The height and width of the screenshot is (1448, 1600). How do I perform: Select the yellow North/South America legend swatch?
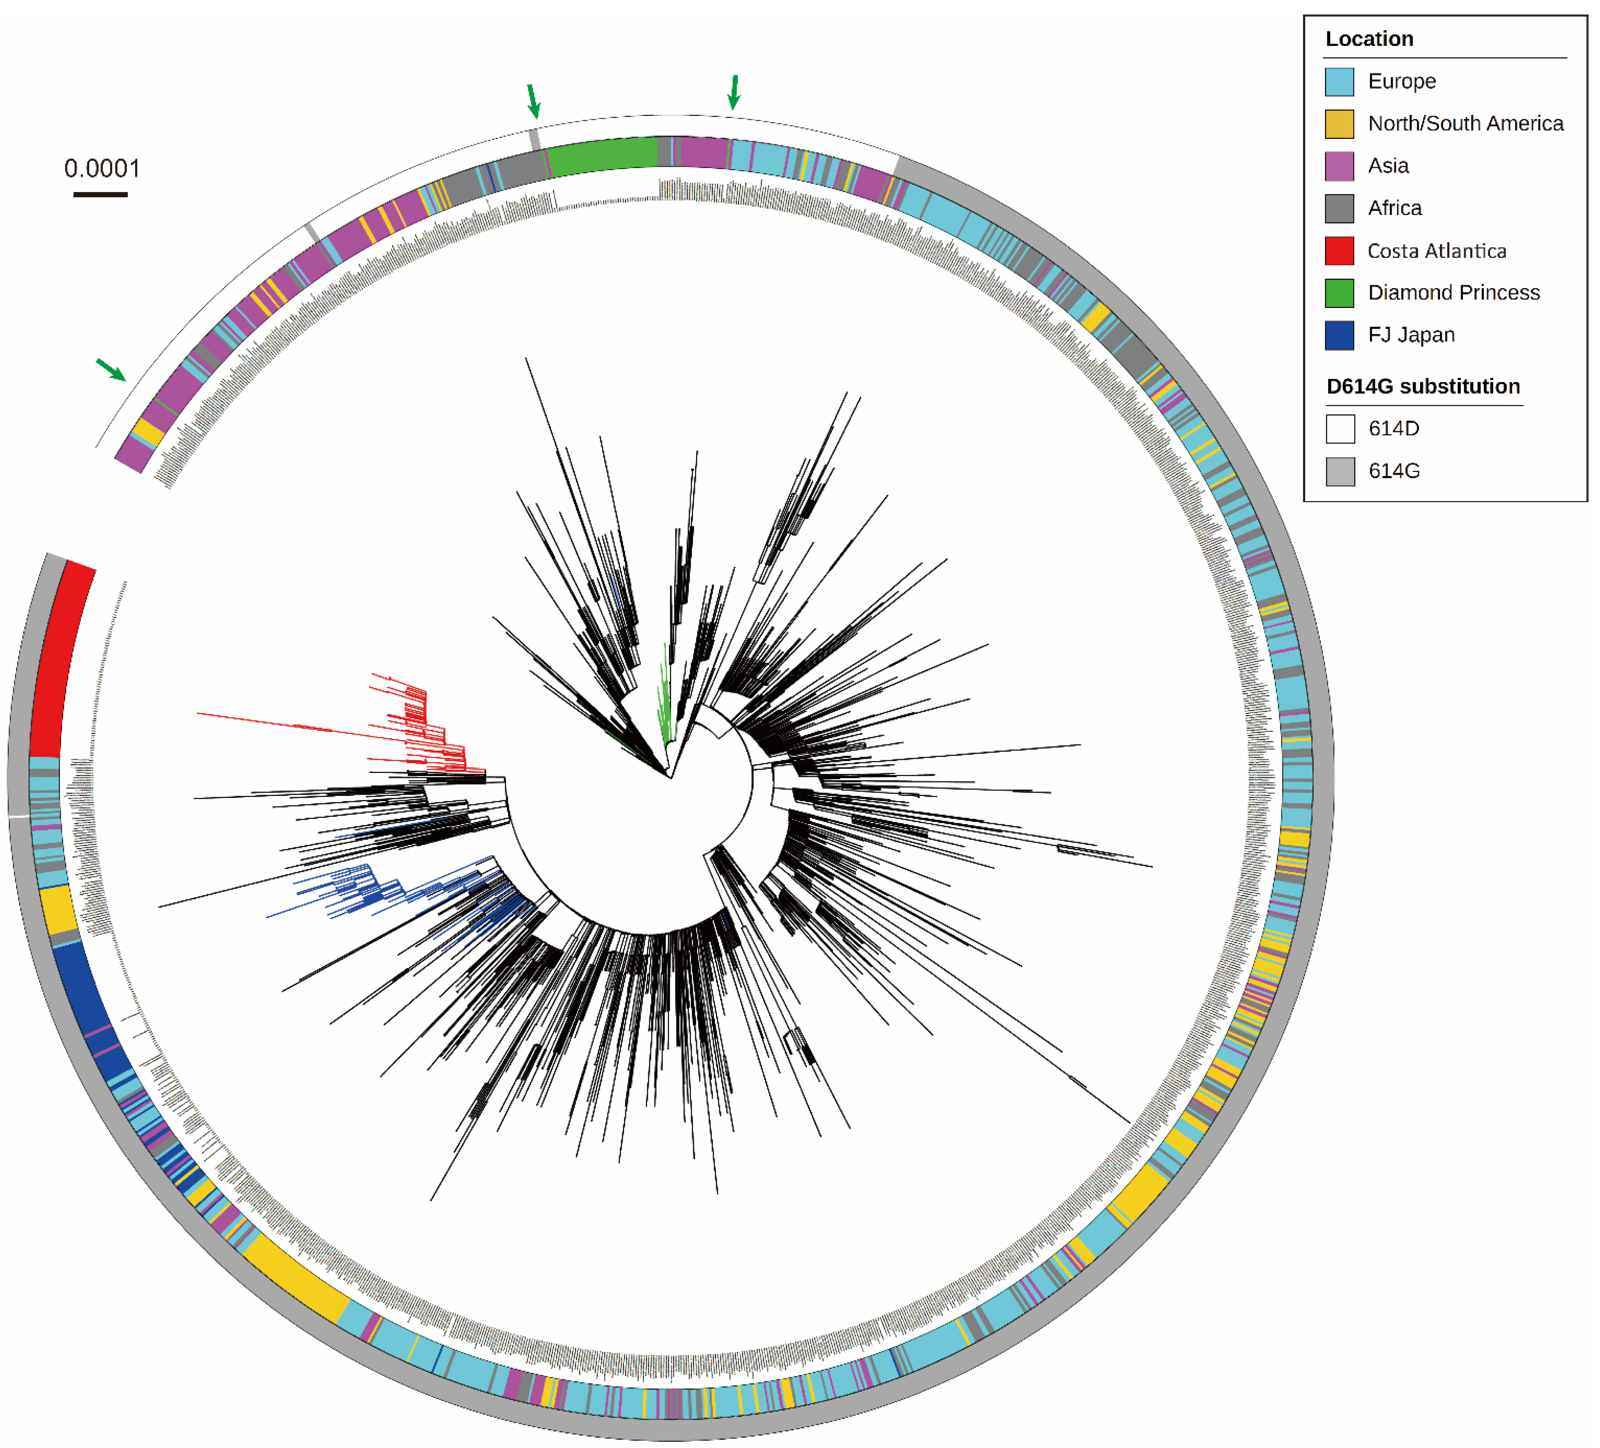point(1339,124)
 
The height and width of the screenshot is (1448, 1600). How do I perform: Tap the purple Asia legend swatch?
point(1339,166)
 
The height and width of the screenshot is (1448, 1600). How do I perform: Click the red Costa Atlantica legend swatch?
point(1339,251)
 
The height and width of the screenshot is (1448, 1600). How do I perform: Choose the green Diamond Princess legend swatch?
point(1339,293)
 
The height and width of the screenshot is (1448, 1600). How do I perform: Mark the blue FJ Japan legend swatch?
point(1339,335)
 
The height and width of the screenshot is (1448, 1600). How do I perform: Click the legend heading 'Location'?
point(1369,39)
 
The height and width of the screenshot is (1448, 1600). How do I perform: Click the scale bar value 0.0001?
point(101,168)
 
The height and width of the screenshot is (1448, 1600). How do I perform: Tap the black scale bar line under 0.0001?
point(101,194)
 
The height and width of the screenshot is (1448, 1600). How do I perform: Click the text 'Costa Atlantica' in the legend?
point(1437,251)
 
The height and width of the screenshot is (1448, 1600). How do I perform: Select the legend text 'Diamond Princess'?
point(1453,293)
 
